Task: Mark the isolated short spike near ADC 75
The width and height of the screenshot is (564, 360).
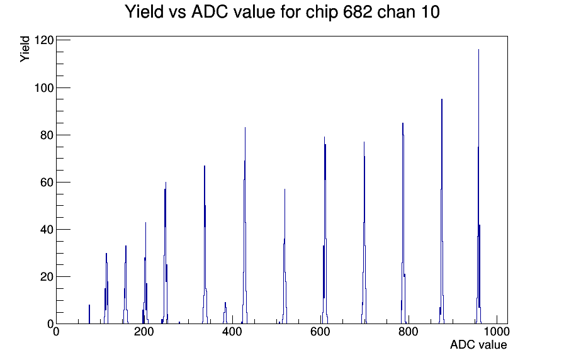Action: (x=89, y=314)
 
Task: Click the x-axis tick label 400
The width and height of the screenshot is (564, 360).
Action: (x=232, y=332)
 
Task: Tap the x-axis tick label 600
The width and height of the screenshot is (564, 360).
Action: (x=320, y=332)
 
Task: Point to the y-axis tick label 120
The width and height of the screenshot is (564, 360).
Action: (x=44, y=40)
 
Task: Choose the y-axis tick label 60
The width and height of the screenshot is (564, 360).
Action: (x=47, y=183)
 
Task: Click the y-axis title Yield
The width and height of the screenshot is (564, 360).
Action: (x=25, y=49)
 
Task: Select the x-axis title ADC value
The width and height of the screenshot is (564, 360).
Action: (x=478, y=345)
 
